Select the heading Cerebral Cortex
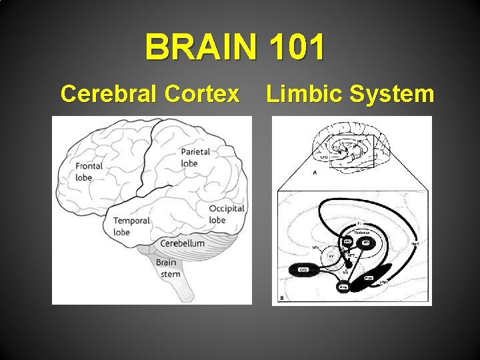[x=149, y=94]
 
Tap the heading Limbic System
[x=350, y=94]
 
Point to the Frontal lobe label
[x=89, y=171]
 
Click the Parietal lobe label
[x=195, y=157]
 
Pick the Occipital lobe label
[x=227, y=214]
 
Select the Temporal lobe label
[x=131, y=227]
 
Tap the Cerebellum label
[x=182, y=243]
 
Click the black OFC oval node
[x=303, y=270]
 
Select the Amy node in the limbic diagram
[x=343, y=287]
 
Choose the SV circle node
[x=331, y=256]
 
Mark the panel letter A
[x=315, y=172]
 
